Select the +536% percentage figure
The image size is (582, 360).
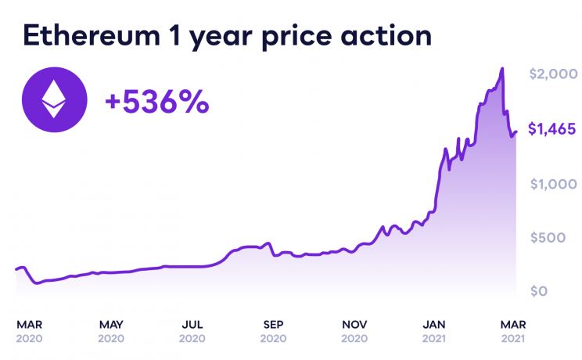(x=157, y=101)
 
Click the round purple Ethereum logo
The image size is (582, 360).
(x=54, y=99)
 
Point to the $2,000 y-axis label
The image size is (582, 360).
(x=553, y=74)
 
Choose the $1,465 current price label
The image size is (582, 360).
(x=552, y=130)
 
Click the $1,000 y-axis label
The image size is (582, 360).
(x=553, y=185)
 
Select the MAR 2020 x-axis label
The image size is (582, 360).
(x=30, y=330)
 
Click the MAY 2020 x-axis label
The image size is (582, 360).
(x=111, y=330)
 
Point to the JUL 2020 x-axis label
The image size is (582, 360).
(x=192, y=330)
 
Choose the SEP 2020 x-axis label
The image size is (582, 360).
(x=273, y=330)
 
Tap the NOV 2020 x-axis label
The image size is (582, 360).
(x=354, y=330)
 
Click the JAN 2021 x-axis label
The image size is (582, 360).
(x=436, y=330)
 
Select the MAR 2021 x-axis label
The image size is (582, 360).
(x=513, y=330)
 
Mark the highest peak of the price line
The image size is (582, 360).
(x=501, y=69)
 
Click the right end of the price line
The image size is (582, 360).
(x=516, y=132)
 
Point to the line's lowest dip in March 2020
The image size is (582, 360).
(x=37, y=283)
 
